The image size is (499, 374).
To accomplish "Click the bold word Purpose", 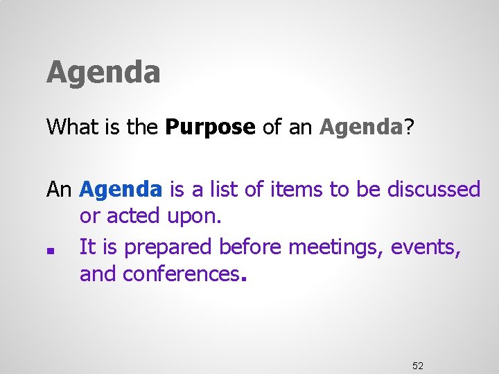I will click(211, 127).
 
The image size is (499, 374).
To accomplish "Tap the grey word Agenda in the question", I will click(361, 127).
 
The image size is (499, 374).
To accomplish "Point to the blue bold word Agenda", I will click(121, 189).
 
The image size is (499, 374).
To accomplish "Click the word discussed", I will click(433, 189).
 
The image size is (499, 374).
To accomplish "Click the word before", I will click(252, 246).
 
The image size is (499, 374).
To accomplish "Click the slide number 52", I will click(418, 365).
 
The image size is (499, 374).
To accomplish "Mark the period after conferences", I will click(243, 280).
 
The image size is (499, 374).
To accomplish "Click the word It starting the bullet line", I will click(88, 246).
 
